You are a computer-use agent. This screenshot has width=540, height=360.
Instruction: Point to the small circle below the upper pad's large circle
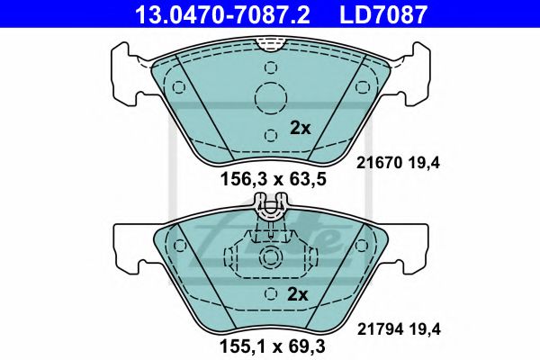pyautogui.click(x=270, y=135)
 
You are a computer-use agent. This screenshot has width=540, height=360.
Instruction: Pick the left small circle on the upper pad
pyautogui.click(x=178, y=87)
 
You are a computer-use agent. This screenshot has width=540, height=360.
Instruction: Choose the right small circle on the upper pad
pyautogui.click(x=363, y=87)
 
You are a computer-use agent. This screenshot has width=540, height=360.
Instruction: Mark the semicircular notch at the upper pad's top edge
pyautogui.click(x=270, y=42)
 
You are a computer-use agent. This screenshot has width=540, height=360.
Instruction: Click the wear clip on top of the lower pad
pyautogui.click(x=270, y=212)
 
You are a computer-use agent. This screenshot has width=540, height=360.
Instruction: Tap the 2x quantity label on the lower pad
pyautogui.click(x=298, y=294)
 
